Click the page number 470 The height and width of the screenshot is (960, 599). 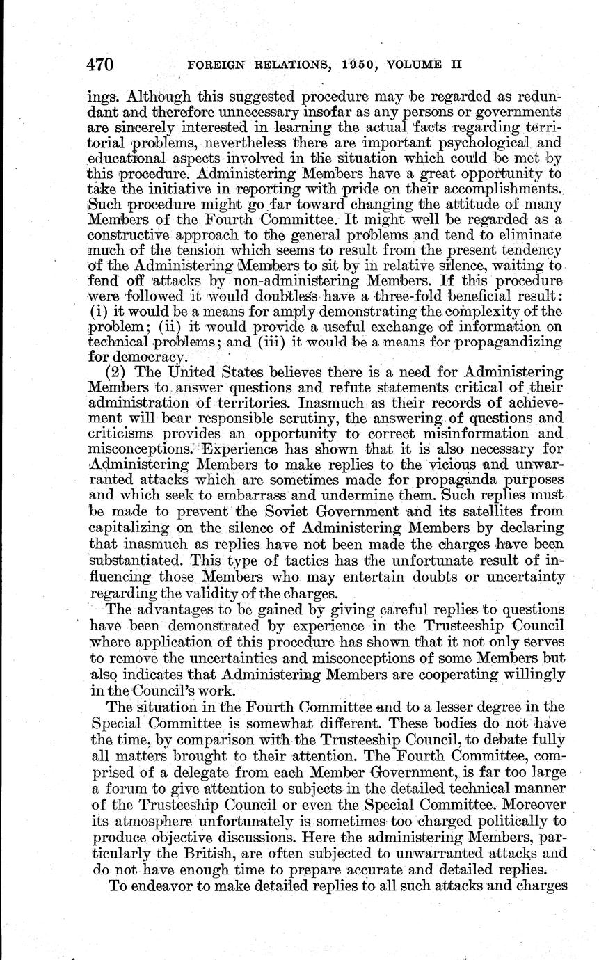(x=100, y=65)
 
